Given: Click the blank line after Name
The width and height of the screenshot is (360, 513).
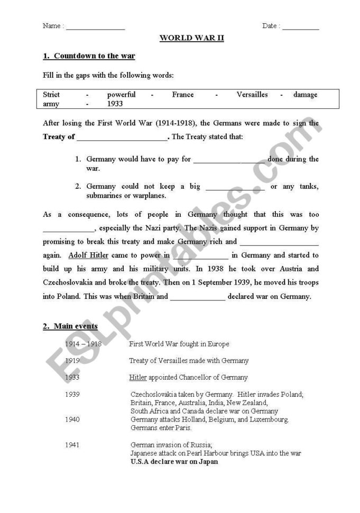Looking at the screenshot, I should (x=95, y=28).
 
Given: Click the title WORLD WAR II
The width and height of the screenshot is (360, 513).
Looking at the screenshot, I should (x=191, y=39).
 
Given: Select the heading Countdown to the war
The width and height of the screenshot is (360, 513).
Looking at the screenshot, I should (x=94, y=56).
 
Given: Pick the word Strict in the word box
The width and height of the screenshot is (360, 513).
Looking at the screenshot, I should (x=51, y=95).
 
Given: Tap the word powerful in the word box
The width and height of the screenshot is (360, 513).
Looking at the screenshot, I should (x=121, y=95).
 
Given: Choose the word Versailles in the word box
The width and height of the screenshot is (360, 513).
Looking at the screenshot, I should (x=252, y=95).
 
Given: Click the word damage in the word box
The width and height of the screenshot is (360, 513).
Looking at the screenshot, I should (x=305, y=95).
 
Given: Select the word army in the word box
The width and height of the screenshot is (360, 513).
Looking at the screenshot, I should (x=51, y=104).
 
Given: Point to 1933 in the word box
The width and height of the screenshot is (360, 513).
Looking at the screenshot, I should (x=115, y=104).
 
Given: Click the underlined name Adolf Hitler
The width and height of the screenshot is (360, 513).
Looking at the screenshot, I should (x=88, y=255).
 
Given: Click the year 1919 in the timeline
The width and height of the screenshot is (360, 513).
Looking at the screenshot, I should (x=72, y=361).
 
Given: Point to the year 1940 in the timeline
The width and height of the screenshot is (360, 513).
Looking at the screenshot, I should (x=72, y=419).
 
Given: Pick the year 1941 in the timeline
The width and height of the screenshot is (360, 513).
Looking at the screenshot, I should (x=72, y=445).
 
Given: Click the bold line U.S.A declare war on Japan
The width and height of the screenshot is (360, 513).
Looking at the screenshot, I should (x=174, y=462).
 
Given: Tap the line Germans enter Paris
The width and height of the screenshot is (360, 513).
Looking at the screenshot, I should (x=161, y=428).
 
